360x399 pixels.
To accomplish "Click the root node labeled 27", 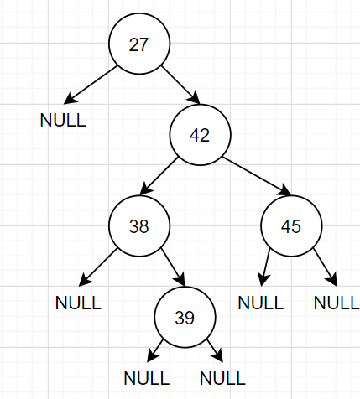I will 138,44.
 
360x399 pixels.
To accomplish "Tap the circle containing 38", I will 138,225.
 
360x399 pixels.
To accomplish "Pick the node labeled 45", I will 291,225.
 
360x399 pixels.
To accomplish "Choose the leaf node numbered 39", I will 185,317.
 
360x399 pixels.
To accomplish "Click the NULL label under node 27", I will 63,120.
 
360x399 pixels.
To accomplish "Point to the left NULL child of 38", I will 78,303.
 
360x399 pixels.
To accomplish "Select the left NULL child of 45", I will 261,303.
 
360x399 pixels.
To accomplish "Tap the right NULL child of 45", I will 337,303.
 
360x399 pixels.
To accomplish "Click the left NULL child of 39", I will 146,377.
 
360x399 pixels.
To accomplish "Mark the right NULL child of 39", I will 222,377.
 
